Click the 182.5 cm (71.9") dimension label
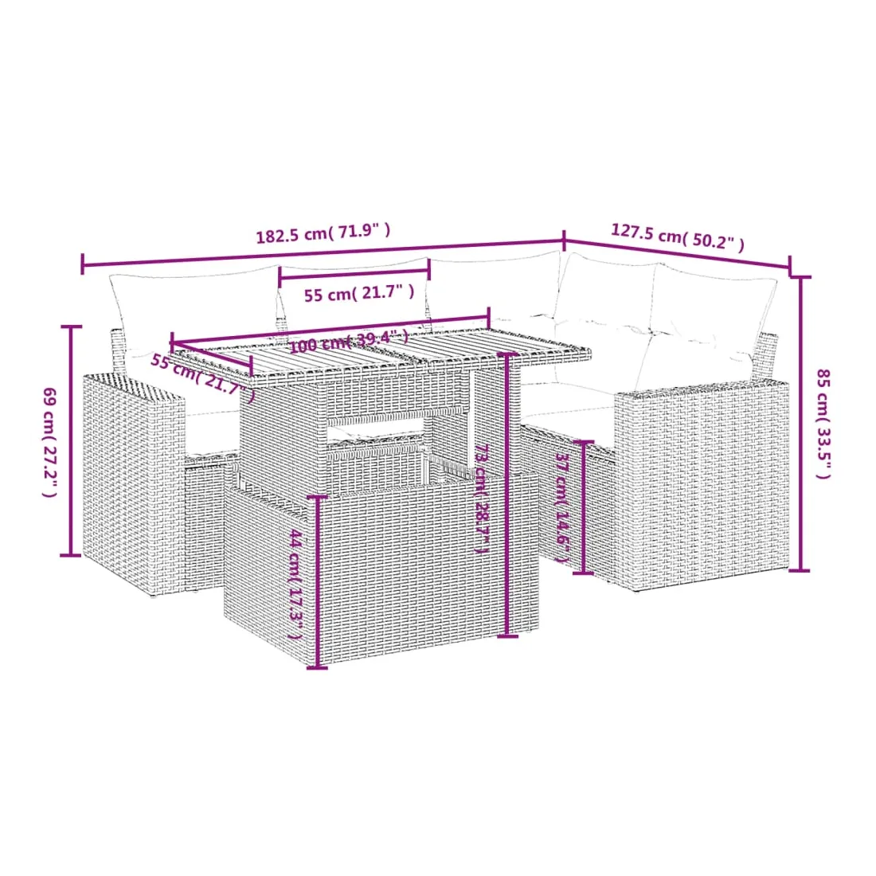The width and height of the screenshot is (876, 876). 323,233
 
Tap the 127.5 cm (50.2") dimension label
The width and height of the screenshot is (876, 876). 677,237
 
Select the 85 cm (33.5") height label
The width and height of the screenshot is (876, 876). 823,424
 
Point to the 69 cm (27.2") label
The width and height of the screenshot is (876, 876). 49,442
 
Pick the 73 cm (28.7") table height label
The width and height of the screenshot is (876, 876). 482,499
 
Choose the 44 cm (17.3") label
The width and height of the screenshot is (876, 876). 296,585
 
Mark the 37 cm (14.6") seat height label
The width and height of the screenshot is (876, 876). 562,508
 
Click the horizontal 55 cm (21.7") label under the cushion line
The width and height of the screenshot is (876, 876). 359,293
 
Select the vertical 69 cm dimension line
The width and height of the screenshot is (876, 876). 70,441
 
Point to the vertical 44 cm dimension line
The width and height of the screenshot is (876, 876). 317,582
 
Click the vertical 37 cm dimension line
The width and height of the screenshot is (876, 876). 583,507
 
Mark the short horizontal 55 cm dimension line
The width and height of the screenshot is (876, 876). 354,272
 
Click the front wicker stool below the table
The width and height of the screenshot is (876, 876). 381,568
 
